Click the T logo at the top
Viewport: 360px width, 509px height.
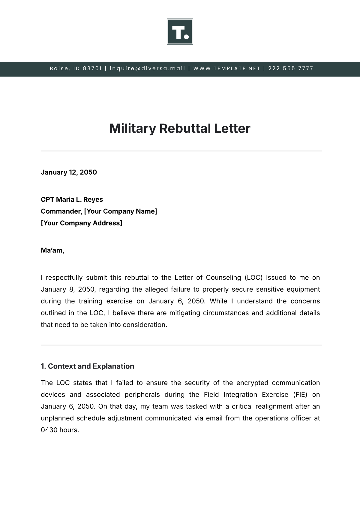click(180, 32)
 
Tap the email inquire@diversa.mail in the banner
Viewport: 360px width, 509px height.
click(148, 68)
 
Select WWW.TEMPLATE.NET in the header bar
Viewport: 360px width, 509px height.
click(227, 68)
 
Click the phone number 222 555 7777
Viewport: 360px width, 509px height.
click(291, 68)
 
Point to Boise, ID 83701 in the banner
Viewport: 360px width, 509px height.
click(76, 68)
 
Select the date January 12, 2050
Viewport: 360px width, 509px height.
click(69, 172)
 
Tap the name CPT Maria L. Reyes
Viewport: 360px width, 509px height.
click(72, 200)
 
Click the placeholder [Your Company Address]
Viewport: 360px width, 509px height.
click(81, 223)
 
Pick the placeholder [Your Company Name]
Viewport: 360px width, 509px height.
click(120, 211)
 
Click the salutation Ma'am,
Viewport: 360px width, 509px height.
click(52, 250)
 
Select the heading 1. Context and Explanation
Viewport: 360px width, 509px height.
click(87, 366)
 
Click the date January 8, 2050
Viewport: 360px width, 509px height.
click(68, 289)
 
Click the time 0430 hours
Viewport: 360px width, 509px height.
click(60, 430)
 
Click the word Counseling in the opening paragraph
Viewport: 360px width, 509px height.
click(223, 278)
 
